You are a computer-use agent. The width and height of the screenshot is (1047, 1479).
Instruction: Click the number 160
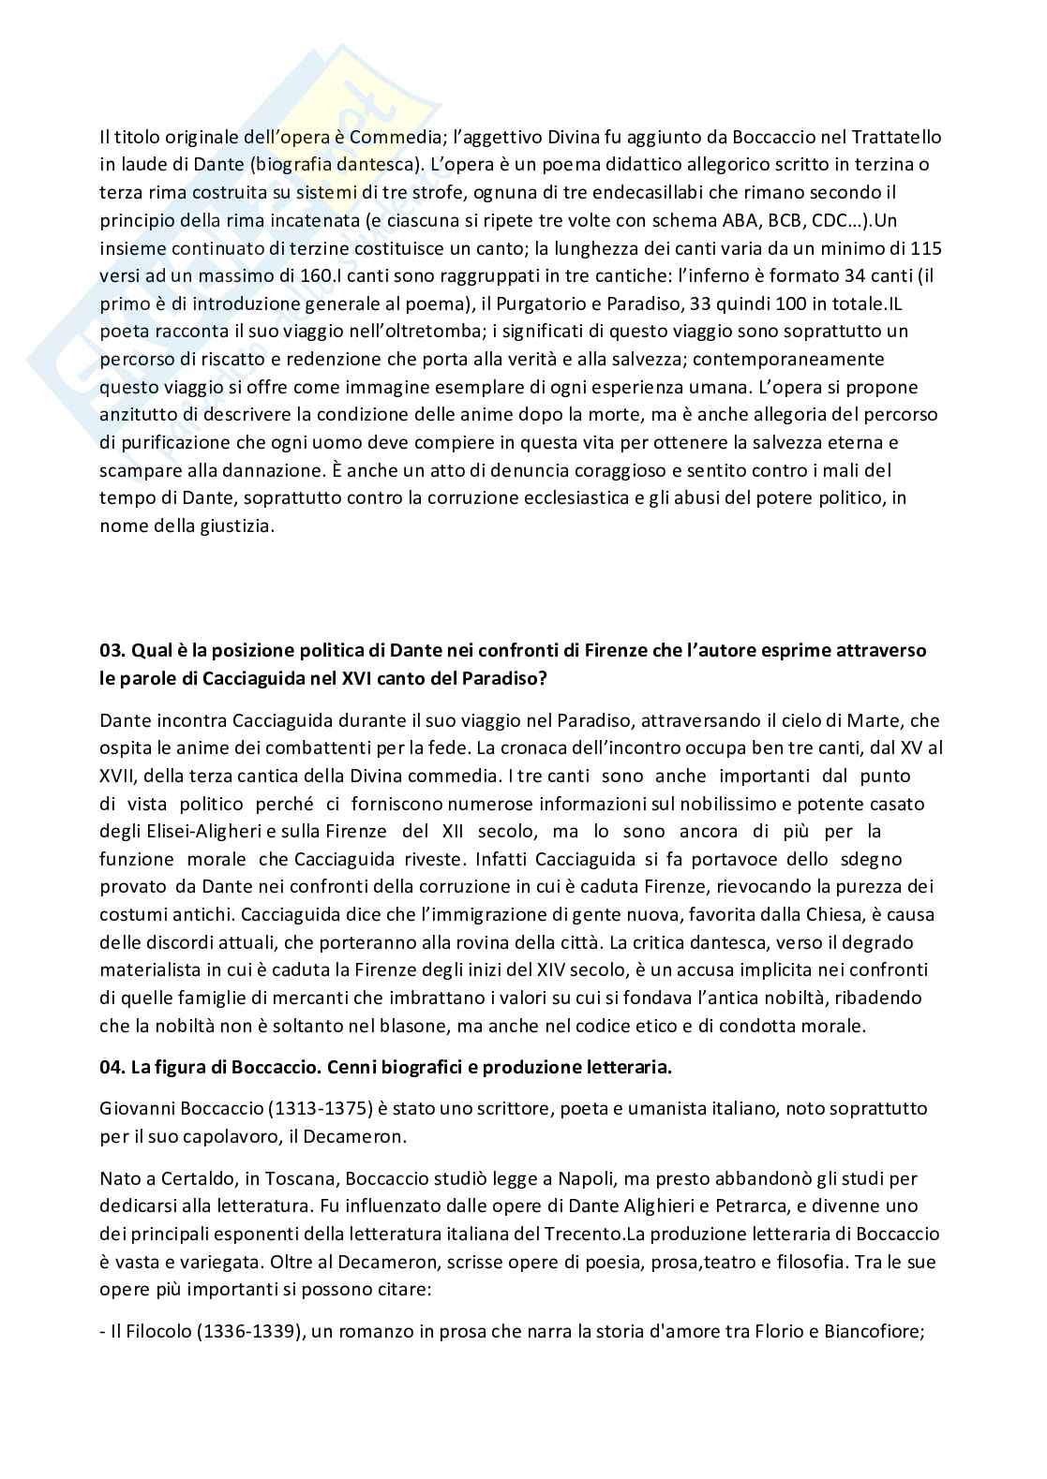pyautogui.click(x=316, y=276)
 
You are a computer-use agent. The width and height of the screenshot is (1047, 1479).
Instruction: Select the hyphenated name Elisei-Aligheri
pyautogui.click(x=198, y=831)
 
